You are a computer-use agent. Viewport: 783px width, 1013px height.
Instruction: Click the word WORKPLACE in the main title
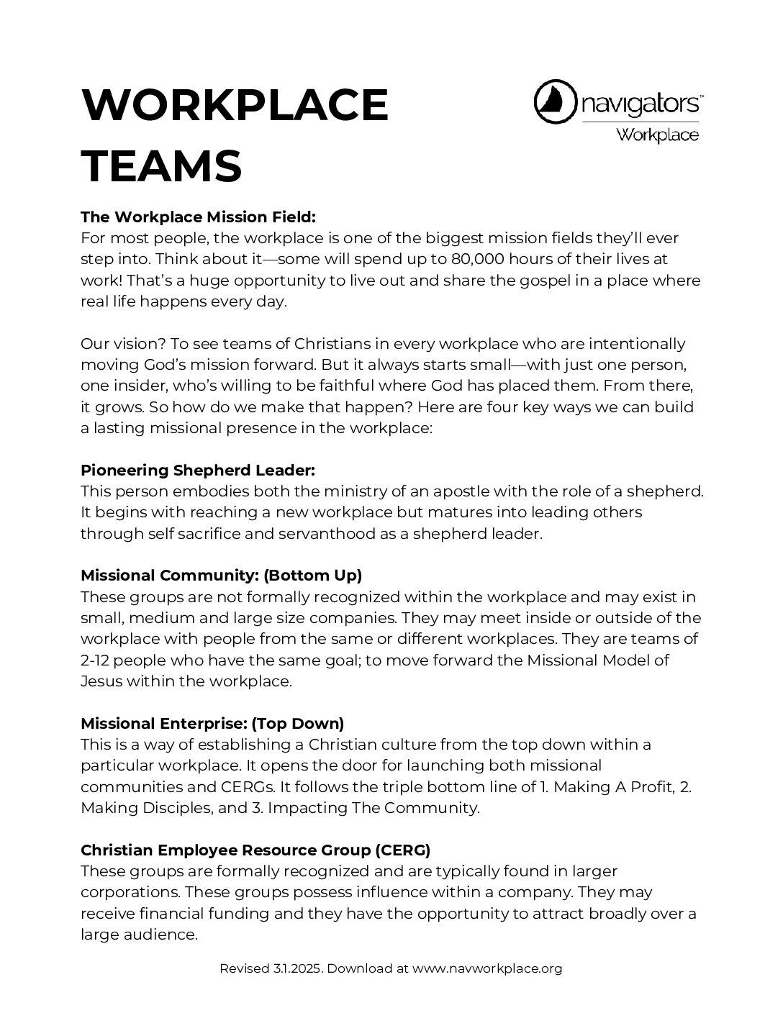[x=235, y=105]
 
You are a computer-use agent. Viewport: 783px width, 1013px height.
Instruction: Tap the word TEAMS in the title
[x=161, y=166]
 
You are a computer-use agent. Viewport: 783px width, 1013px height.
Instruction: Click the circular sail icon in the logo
[x=556, y=102]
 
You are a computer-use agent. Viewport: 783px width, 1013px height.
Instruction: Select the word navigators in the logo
[x=641, y=104]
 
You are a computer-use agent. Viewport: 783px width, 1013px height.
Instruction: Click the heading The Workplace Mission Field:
[x=199, y=217]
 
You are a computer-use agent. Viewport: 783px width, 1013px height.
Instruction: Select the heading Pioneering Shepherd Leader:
[x=198, y=471]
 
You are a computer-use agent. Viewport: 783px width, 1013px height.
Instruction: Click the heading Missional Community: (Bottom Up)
[x=221, y=576]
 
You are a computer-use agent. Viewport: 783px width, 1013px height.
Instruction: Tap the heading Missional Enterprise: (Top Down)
[x=212, y=723]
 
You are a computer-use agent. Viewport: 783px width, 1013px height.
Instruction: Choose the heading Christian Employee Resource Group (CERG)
[x=255, y=850]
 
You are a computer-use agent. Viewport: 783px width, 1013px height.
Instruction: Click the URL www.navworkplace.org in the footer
[x=487, y=968]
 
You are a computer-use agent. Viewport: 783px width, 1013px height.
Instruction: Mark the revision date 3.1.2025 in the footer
[x=297, y=968]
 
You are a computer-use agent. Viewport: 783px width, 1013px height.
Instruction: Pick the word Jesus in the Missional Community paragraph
[x=101, y=681]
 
